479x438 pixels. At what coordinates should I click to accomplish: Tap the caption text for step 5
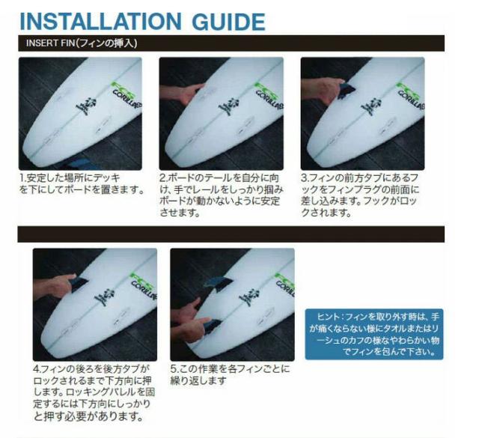click(x=229, y=374)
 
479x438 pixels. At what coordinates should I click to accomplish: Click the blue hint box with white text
click(x=373, y=332)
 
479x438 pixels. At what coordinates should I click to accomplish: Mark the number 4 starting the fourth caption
click(x=37, y=369)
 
